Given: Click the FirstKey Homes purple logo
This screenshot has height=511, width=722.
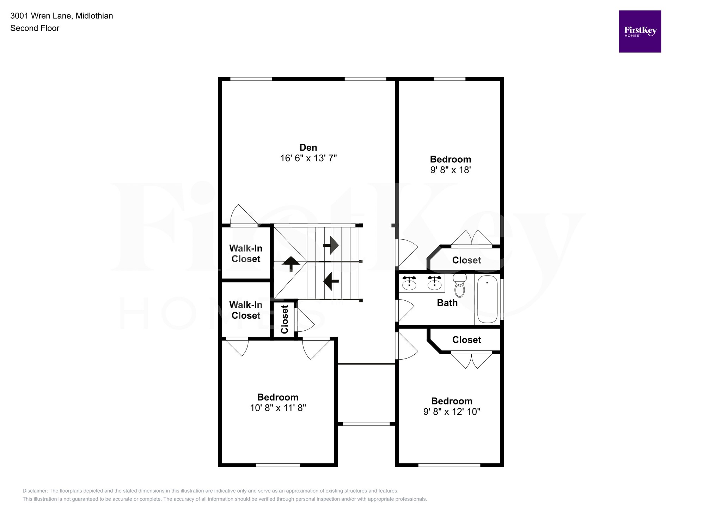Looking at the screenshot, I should [x=640, y=31].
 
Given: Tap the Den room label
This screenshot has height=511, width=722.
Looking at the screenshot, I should [x=308, y=147].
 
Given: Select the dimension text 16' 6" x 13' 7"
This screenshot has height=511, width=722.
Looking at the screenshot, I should [x=308, y=158].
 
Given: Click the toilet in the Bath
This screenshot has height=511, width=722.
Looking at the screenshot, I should [x=459, y=286].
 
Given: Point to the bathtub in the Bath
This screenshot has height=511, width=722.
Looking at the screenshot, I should [x=487, y=299].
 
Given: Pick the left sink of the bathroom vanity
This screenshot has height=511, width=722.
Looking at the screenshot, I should [x=409, y=283].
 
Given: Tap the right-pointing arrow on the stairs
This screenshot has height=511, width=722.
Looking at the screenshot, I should [x=331, y=245].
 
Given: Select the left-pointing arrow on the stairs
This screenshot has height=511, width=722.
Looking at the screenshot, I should [x=331, y=281].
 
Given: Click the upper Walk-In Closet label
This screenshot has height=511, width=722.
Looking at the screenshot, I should [x=246, y=253].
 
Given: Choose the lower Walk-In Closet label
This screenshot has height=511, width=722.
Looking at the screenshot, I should [x=246, y=310].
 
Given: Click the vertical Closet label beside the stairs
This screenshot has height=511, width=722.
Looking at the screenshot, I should [x=284, y=319].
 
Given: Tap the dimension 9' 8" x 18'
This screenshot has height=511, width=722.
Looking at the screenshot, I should [x=450, y=170].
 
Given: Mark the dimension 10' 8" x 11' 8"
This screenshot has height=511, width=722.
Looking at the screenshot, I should [x=278, y=408].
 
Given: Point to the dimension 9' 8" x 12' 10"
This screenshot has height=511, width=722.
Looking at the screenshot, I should [x=452, y=412].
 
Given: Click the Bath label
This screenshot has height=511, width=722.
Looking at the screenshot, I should [x=447, y=303].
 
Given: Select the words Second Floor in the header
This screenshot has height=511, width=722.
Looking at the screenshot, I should [x=35, y=28].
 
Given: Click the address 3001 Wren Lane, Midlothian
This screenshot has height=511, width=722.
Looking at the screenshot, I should [x=62, y=16].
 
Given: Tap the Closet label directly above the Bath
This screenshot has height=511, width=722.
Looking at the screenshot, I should [x=466, y=260].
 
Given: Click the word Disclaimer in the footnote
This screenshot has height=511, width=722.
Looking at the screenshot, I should [x=35, y=491].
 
